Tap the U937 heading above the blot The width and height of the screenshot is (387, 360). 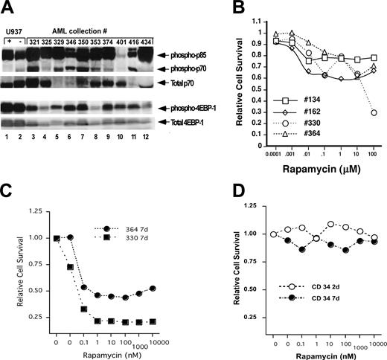pos(14,30)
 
